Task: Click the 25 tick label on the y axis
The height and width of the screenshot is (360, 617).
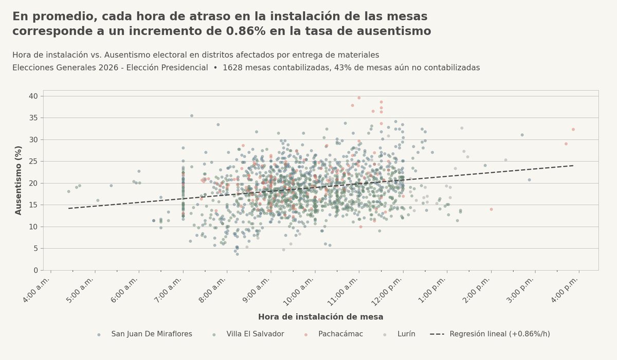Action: click(33, 161)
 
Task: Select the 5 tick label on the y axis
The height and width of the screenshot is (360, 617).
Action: click(35, 248)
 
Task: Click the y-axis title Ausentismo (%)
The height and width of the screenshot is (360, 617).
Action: click(19, 180)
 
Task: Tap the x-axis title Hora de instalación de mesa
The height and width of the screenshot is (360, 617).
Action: click(320, 317)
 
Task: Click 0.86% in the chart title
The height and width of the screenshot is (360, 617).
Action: click(246, 31)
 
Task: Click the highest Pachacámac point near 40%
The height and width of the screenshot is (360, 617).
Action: click(359, 98)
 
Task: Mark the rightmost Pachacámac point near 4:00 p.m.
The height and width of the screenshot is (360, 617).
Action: click(573, 130)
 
